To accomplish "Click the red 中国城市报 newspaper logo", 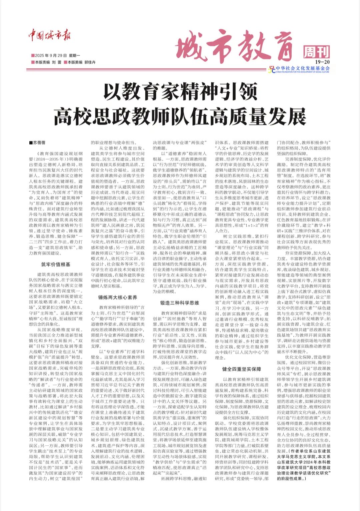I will (x=49, y=35).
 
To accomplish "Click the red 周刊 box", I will (x=316, y=52).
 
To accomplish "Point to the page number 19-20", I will (x=322, y=62).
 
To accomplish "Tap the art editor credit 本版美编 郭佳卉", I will (x=80, y=62).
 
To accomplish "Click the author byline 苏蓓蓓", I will (x=39, y=143).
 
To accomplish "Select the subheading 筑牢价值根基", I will (x=56, y=264).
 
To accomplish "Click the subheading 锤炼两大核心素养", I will (x=118, y=297).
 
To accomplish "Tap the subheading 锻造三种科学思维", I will (x=180, y=303).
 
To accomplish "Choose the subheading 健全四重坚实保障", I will (x=242, y=369).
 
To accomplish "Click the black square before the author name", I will (x=31, y=143).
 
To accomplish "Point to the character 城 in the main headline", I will (x=191, y=50).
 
